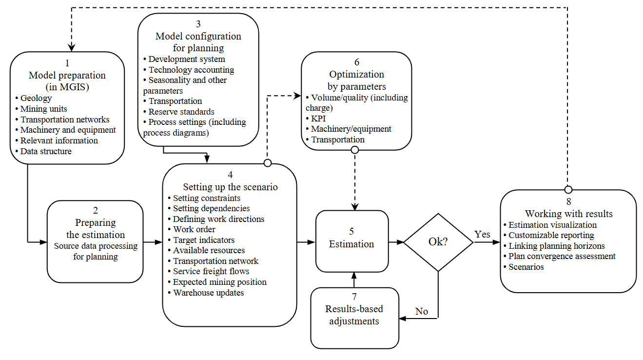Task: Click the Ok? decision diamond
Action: (438, 242)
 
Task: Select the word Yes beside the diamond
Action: (482, 235)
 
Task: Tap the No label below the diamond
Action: (422, 311)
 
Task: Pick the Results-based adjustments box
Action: (354, 316)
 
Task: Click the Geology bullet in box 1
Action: (36, 98)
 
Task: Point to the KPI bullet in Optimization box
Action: (319, 118)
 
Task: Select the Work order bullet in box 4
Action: (194, 229)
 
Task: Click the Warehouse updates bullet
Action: (208, 293)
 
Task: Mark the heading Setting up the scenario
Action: (230, 187)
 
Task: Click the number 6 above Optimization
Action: (357, 62)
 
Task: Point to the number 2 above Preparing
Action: (96, 211)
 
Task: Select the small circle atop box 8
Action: (568, 189)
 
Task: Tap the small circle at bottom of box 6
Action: (355, 150)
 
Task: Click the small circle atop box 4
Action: (267, 162)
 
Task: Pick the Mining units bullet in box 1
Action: (43, 109)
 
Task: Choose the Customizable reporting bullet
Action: (551, 235)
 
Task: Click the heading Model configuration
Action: (198, 37)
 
